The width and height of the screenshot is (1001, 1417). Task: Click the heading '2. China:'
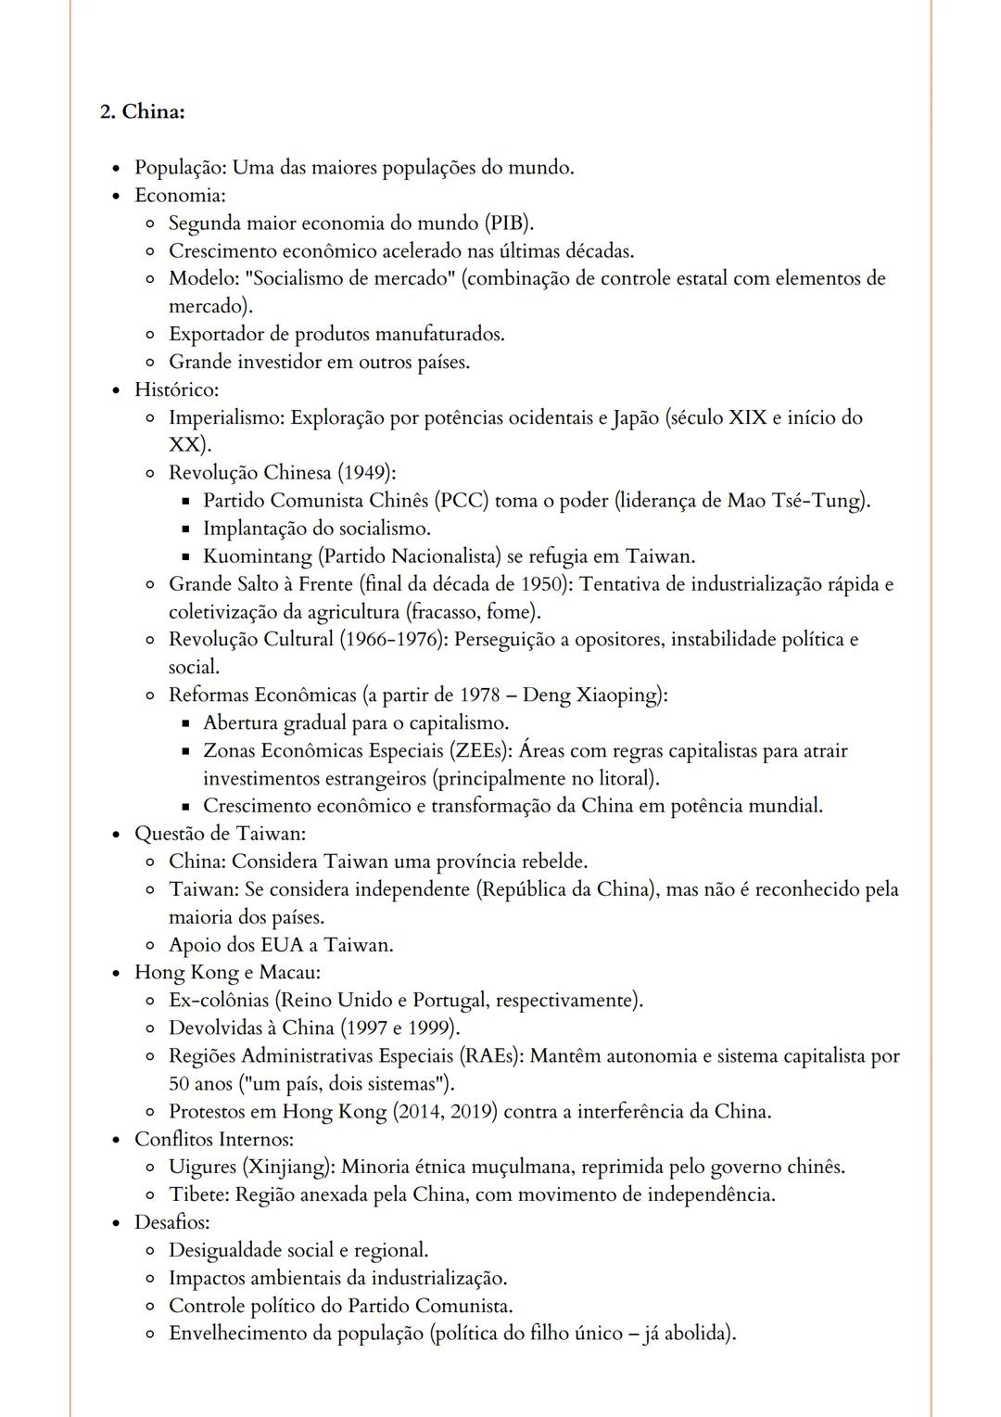click(x=142, y=111)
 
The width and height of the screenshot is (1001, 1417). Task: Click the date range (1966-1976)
click(x=395, y=639)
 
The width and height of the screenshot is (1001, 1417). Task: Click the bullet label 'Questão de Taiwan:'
click(x=220, y=833)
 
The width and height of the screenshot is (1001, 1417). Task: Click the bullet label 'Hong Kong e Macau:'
click(x=227, y=972)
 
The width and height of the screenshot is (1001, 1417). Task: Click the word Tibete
click(x=197, y=1194)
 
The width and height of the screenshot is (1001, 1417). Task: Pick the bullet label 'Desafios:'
click(x=171, y=1221)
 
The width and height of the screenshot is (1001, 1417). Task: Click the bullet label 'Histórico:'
click(x=176, y=389)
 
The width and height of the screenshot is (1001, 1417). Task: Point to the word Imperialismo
click(x=226, y=417)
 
